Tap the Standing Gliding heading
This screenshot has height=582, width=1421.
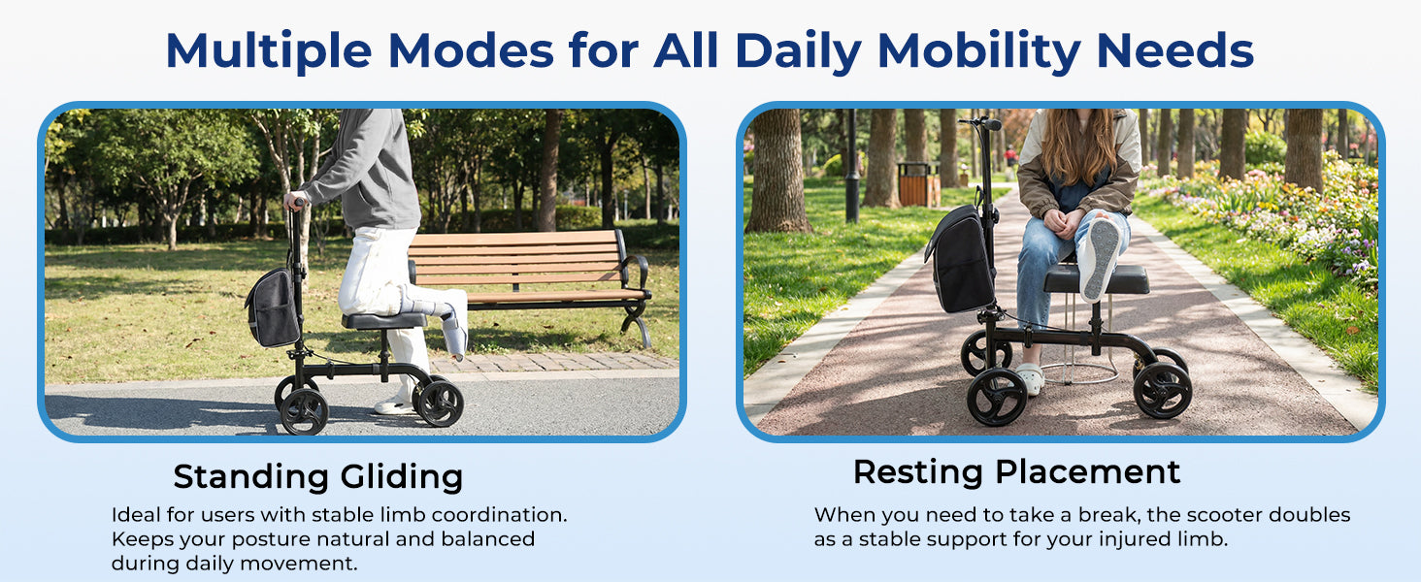pyautogui.click(x=317, y=477)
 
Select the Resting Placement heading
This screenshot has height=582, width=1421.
pyautogui.click(x=1016, y=472)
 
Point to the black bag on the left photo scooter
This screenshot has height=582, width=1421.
pyautogui.click(x=273, y=307)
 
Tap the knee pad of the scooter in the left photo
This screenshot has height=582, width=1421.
pyautogui.click(x=384, y=320)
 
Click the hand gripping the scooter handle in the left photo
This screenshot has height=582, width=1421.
pyautogui.click(x=296, y=202)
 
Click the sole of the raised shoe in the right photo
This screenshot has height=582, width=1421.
pyautogui.click(x=1105, y=258)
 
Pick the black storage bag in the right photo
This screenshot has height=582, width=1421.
pyautogui.click(x=960, y=260)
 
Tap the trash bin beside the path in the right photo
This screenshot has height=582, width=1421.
pyautogui.click(x=916, y=184)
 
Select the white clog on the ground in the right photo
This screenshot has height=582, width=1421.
pyautogui.click(x=1030, y=378)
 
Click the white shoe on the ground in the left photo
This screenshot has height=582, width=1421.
pyautogui.click(x=395, y=405)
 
